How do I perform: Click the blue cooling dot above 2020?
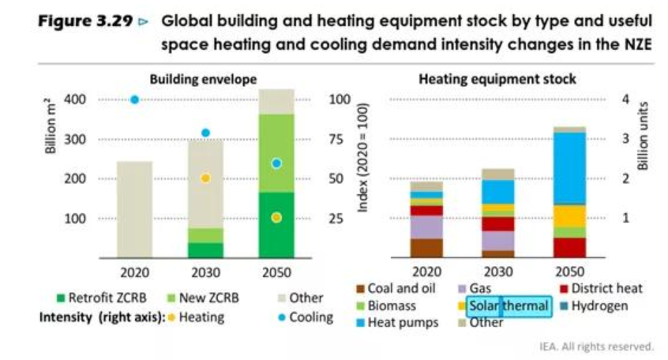(135, 99)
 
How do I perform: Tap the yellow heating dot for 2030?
(205, 178)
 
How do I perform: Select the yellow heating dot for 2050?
(276, 218)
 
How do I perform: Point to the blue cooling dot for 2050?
(276, 163)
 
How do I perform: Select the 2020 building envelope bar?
(135, 209)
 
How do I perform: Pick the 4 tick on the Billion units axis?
(625, 99)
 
